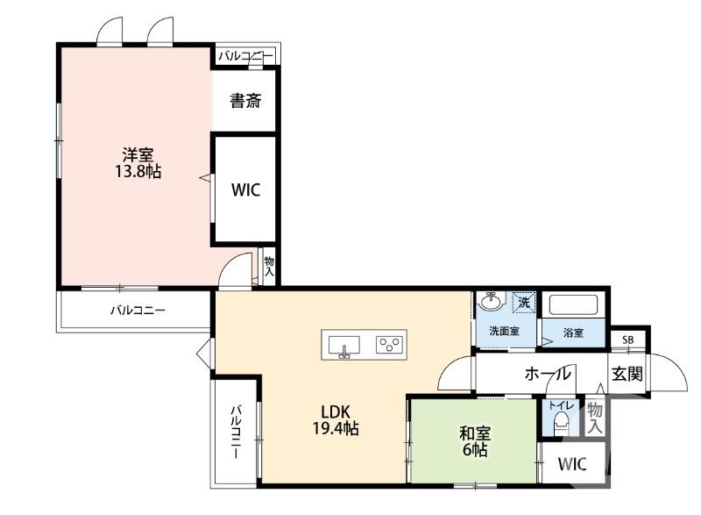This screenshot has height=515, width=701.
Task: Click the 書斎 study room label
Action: click(245, 101)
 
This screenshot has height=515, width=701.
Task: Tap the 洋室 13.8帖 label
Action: click(138, 163)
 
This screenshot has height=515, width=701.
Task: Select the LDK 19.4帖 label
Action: click(336, 420)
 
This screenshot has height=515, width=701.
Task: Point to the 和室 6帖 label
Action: click(475, 441)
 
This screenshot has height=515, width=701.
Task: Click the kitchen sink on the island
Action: click(344, 346)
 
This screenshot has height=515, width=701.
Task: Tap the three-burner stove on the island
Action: click(389, 345)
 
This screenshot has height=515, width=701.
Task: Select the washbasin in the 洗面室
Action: click(491, 301)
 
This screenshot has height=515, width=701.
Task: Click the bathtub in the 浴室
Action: click(573, 305)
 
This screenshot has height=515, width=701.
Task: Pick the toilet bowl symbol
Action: click(561, 423)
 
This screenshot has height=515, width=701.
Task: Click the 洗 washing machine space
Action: click(524, 301)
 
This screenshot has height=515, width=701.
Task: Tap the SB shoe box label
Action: click(628, 340)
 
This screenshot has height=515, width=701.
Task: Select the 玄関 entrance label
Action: click(627, 374)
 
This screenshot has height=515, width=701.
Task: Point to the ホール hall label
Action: click(548, 374)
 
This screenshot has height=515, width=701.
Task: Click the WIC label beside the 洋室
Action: click(245, 190)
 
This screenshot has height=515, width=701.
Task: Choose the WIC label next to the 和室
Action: click(572, 464)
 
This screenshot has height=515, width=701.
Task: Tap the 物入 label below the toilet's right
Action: click(595, 418)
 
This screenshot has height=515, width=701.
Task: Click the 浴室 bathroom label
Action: click(574, 333)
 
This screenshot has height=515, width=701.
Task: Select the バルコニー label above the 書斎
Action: click(245, 56)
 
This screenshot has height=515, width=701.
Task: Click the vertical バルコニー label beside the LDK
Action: click(236, 432)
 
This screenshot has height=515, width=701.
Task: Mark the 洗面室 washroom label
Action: click(505, 331)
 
